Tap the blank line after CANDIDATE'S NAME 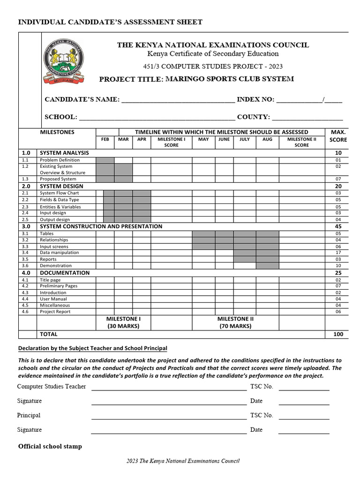pyautogui.click(x=178, y=100)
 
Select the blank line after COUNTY pyautogui.click(x=307, y=117)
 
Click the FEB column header pyautogui.click(x=105, y=139)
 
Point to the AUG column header pyautogui.click(x=267, y=139)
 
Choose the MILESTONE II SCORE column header pyautogui.click(x=301, y=142)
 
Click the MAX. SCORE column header pyautogui.click(x=338, y=136)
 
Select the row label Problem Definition pyautogui.click(x=60, y=160)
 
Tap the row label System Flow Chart pyautogui.click(x=59, y=193)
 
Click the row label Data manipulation pyautogui.click(x=59, y=253)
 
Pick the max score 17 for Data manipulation pyautogui.click(x=338, y=253)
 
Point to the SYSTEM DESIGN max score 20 pyautogui.click(x=338, y=186)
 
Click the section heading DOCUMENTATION pyautogui.click(x=65, y=273)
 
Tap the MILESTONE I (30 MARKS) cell pyautogui.click(x=123, y=322)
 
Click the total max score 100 pyautogui.click(x=338, y=334)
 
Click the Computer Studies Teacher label pyautogui.click(x=52, y=387)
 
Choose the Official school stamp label pyautogui.click(x=50, y=446)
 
